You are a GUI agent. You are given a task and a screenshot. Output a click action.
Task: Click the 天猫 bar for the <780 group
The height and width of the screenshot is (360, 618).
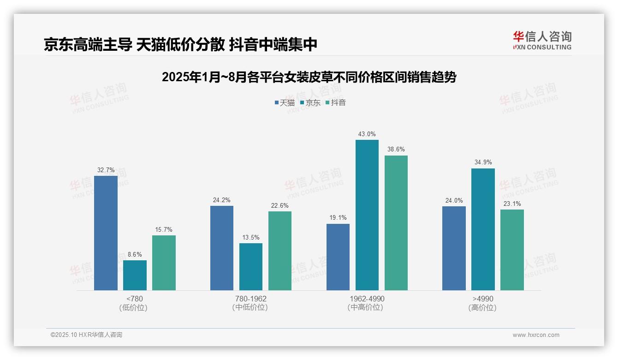click(x=106, y=233)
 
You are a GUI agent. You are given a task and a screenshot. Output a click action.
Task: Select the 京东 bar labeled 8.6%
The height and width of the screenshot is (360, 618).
click(x=135, y=276)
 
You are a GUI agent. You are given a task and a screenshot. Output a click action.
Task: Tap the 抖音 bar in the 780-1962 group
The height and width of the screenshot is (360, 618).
click(x=280, y=251)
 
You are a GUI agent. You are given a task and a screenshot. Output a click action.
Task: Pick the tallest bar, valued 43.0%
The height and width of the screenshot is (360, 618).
click(x=367, y=215)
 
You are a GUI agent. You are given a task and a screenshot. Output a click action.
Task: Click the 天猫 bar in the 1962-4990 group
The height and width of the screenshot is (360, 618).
click(x=338, y=257)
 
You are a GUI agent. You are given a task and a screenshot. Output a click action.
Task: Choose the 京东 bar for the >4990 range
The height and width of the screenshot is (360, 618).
click(x=483, y=229)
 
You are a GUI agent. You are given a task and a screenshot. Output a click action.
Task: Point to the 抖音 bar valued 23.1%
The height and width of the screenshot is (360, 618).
click(x=512, y=250)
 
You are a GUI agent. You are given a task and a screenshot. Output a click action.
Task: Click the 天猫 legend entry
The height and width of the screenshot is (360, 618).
click(x=285, y=103)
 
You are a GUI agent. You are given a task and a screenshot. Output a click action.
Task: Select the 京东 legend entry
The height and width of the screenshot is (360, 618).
click(x=310, y=103)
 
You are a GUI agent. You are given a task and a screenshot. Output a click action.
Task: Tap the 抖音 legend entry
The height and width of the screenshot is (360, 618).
click(x=336, y=103)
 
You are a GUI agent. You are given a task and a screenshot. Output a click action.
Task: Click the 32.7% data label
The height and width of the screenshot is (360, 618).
click(x=106, y=170)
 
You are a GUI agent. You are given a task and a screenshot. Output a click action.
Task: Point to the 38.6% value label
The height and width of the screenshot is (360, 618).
click(x=396, y=150)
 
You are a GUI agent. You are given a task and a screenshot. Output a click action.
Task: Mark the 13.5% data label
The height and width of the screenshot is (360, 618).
click(x=251, y=238)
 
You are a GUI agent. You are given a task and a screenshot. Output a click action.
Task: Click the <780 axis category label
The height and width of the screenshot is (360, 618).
click(x=135, y=299)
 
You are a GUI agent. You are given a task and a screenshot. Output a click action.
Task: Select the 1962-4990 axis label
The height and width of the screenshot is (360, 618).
click(x=367, y=299)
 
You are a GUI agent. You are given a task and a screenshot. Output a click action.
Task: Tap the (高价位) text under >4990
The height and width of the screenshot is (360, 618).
click(x=483, y=308)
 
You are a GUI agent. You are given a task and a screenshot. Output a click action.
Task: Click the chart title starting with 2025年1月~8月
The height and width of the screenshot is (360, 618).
click(x=309, y=78)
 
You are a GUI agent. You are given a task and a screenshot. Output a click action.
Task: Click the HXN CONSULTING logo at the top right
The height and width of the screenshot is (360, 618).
click(x=542, y=41)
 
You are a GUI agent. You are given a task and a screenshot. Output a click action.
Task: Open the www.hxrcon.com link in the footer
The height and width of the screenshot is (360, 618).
click(x=536, y=335)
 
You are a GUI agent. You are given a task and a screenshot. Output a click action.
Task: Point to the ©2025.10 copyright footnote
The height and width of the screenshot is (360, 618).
click(x=86, y=335)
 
